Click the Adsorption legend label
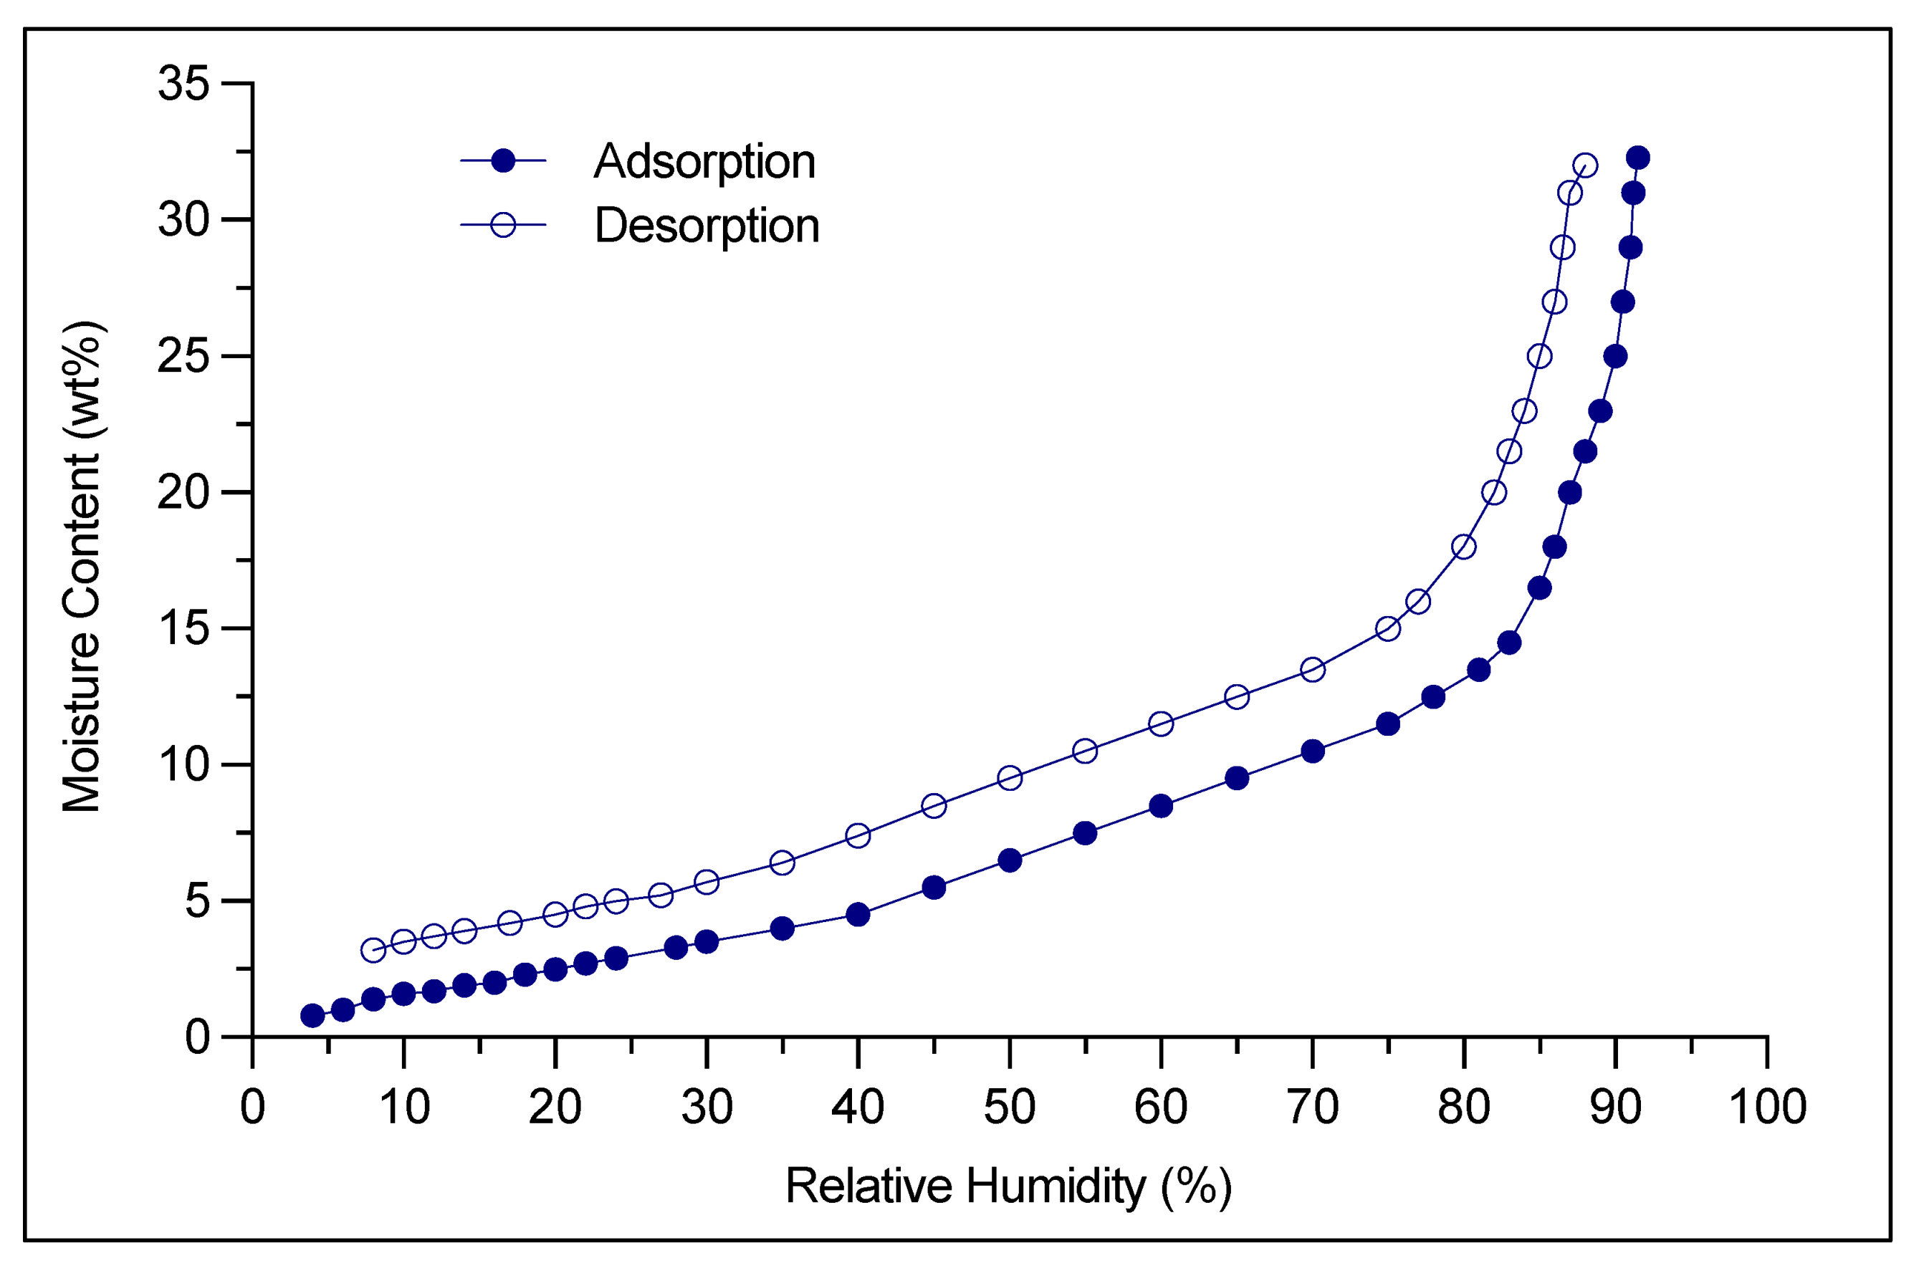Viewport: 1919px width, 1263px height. [704, 161]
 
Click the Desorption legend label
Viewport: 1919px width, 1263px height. [707, 225]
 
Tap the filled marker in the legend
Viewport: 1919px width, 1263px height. [503, 161]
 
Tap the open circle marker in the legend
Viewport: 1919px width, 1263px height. [503, 225]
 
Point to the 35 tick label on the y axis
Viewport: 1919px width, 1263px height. [184, 83]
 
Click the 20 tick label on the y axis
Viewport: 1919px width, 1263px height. [184, 492]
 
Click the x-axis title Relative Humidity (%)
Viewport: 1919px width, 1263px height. [1009, 1186]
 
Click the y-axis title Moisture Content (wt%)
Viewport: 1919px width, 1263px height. [82, 566]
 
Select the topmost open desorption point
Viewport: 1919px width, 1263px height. [1584, 166]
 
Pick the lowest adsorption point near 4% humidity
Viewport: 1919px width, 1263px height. [313, 1016]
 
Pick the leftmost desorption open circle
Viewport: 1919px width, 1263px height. [373, 950]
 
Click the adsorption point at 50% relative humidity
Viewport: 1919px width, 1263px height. [1010, 861]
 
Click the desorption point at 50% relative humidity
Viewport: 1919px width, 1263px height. [1010, 779]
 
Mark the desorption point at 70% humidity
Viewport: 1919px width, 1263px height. [1313, 670]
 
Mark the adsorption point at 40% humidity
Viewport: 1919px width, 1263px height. [858, 915]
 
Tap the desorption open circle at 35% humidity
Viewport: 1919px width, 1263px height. [782, 863]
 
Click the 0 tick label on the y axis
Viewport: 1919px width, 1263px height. [198, 1037]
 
